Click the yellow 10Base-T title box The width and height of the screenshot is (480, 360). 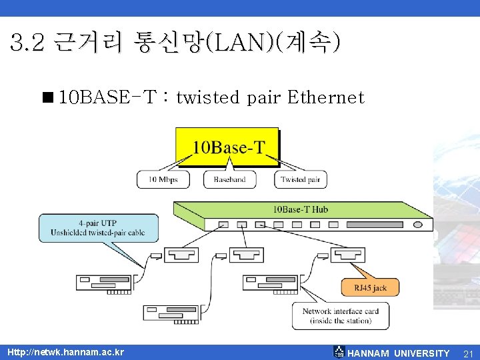(227, 147)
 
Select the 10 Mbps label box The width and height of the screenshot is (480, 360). (163, 179)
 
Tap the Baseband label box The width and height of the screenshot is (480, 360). (229, 179)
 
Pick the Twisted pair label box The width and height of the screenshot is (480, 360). (300, 179)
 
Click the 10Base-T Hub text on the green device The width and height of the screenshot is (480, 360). (300, 209)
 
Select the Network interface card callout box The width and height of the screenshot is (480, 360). (340, 316)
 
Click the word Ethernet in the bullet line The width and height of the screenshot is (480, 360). (325, 98)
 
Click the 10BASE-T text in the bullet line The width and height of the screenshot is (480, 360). (107, 98)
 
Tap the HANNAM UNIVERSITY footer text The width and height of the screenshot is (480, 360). (399, 353)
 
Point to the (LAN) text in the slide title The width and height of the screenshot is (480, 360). (237, 44)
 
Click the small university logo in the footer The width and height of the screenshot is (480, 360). (339, 352)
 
